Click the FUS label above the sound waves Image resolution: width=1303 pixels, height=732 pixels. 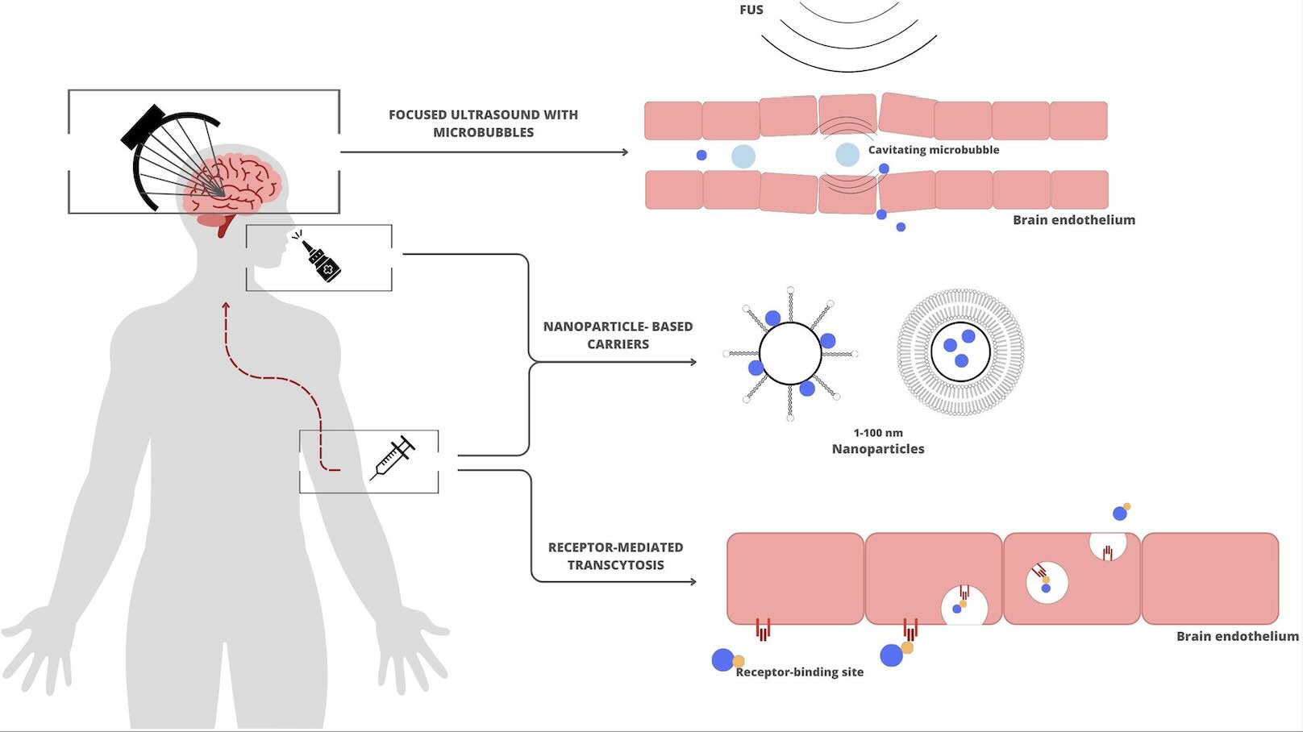coord(751,10)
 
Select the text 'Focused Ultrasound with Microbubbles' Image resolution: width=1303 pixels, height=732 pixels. coord(484,123)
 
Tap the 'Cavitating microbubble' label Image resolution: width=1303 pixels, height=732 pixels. coord(934,149)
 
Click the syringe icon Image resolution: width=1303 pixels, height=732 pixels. coord(393,458)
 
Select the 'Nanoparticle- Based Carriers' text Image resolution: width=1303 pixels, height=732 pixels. coord(618,335)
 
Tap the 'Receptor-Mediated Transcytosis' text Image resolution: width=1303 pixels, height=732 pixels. coord(615,555)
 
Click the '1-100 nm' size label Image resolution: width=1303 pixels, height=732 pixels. coord(878,433)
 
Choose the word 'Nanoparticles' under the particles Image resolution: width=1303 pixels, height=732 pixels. coord(878,449)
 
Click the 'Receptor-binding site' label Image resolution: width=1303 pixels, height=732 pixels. coord(799,672)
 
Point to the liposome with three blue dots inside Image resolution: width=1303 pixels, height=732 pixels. coord(960,351)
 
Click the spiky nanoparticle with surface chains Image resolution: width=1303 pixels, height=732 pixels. coord(790,353)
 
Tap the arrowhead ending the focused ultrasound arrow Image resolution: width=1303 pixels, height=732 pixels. coord(625,152)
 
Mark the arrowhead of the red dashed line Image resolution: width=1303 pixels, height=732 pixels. coord(226,306)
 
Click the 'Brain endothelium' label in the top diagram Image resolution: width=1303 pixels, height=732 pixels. coord(1074,220)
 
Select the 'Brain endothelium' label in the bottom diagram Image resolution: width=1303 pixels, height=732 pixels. coord(1237,636)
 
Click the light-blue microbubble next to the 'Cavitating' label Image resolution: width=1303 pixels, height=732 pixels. coord(847,155)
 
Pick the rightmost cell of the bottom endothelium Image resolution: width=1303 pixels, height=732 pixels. coord(1210,579)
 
